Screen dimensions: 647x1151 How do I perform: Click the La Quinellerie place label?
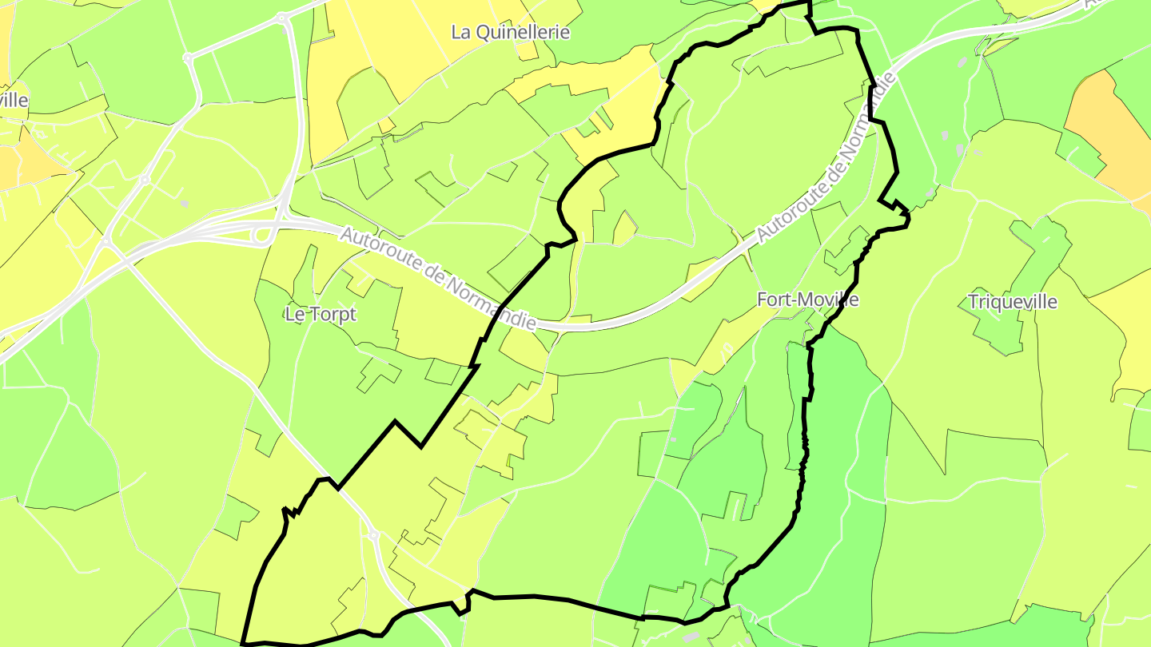(x=510, y=32)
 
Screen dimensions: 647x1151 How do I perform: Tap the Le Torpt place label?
(x=320, y=315)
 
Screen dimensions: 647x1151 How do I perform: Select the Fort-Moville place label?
(x=807, y=300)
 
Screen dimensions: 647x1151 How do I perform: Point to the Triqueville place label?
(x=1012, y=302)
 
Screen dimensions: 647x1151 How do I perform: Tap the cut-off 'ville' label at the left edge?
(x=14, y=101)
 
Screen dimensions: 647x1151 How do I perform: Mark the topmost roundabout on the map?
(x=281, y=17)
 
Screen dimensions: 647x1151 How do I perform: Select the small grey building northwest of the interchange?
(x=185, y=204)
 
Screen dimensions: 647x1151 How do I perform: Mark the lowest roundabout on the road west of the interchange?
(x=106, y=240)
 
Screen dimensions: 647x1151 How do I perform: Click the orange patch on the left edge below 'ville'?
(x=20, y=160)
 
